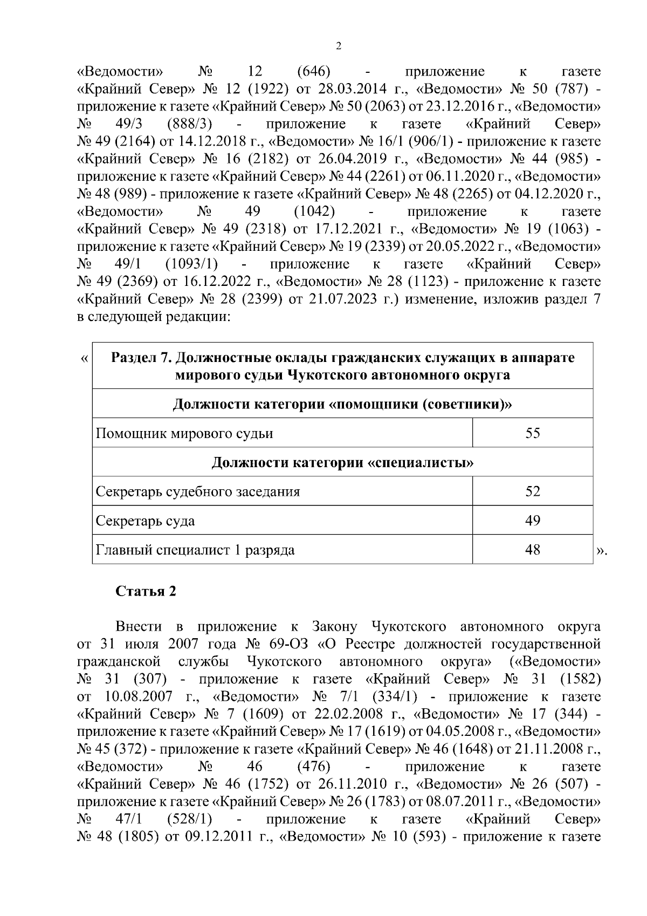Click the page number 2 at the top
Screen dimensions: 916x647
338,46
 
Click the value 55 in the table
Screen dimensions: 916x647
532,433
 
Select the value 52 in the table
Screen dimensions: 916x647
532,491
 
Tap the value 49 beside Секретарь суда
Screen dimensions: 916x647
532,521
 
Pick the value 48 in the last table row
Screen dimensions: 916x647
532,550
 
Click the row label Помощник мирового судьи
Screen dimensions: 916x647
184,433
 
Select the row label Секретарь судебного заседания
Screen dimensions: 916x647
197,491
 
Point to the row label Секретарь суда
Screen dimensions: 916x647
145,521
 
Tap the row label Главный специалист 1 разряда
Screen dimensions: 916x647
195,550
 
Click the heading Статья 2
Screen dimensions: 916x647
146,591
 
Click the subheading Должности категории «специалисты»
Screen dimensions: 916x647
342,462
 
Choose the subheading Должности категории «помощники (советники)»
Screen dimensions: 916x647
342,404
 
